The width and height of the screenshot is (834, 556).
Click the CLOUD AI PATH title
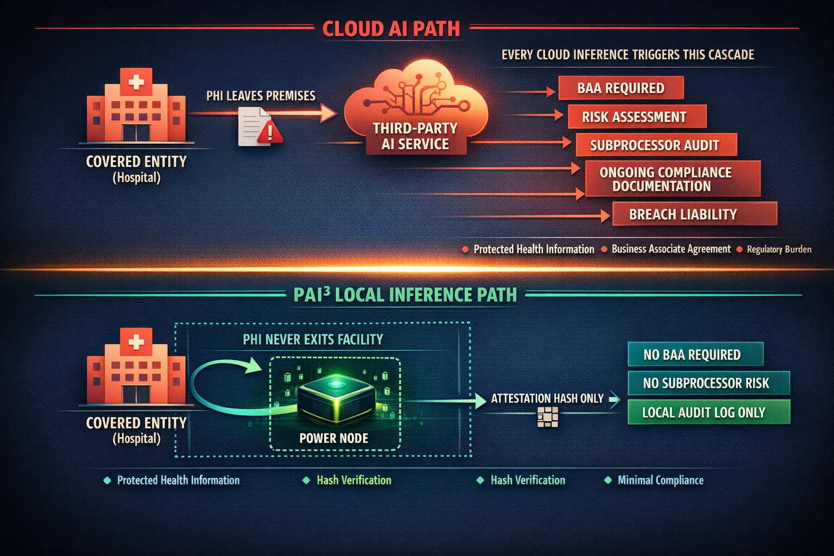tap(391, 29)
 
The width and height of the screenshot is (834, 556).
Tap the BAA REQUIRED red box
tap(621, 88)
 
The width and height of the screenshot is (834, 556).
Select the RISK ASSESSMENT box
tap(636, 117)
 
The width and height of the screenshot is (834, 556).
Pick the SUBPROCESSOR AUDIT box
tap(655, 145)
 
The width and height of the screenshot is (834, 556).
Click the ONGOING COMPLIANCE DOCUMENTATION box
tap(672, 179)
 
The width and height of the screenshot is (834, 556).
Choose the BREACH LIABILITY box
tap(694, 214)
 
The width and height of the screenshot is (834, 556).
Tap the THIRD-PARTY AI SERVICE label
tap(415, 136)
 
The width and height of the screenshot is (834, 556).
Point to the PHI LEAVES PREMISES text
tap(261, 96)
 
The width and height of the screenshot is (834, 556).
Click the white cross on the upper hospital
tap(136, 83)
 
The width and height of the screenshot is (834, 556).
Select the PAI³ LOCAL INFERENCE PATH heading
tap(405, 295)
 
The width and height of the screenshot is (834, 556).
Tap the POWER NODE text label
tap(334, 438)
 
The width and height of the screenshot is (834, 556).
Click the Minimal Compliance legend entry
tap(660, 481)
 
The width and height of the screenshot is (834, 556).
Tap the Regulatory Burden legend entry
tap(779, 249)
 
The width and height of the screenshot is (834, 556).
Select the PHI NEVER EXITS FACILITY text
tap(313, 340)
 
